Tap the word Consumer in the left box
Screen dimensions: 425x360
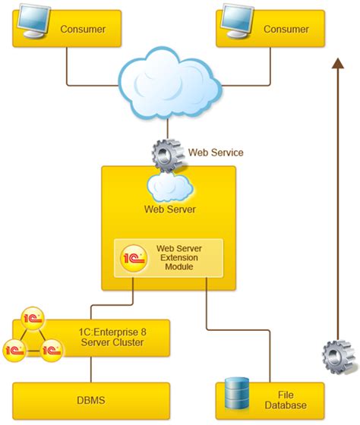coord(83,30)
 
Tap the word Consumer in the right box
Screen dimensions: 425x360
coord(286,30)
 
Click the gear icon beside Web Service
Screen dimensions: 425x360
coord(167,155)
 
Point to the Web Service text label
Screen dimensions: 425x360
coord(216,153)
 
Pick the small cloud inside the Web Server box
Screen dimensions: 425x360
coord(169,184)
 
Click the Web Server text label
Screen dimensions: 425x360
coord(169,209)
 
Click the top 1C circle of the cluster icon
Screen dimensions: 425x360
coord(33,317)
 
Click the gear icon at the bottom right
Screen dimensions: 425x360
coord(336,355)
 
